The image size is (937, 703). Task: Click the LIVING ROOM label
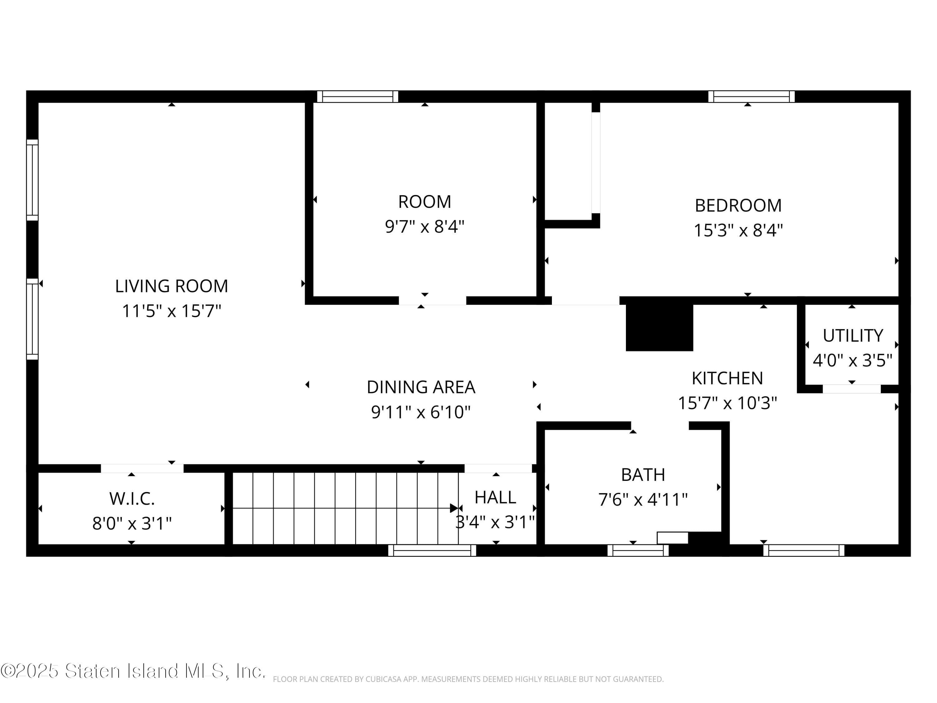(x=171, y=286)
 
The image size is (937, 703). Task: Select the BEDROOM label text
(x=738, y=206)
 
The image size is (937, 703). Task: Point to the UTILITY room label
(x=853, y=336)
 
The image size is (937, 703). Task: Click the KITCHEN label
(x=727, y=378)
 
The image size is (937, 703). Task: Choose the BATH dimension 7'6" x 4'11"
(x=642, y=500)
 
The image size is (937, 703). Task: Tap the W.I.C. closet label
(x=132, y=499)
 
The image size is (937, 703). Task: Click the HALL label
(x=495, y=497)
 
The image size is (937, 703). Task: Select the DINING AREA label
(x=421, y=387)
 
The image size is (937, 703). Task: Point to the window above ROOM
(x=358, y=97)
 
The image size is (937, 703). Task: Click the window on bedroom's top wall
(x=751, y=97)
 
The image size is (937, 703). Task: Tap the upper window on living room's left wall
(x=32, y=180)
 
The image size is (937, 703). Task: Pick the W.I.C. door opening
(x=142, y=468)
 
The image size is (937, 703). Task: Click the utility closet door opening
(x=851, y=389)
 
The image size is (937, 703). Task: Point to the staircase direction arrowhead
(x=454, y=508)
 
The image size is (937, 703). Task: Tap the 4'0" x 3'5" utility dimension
(x=852, y=361)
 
